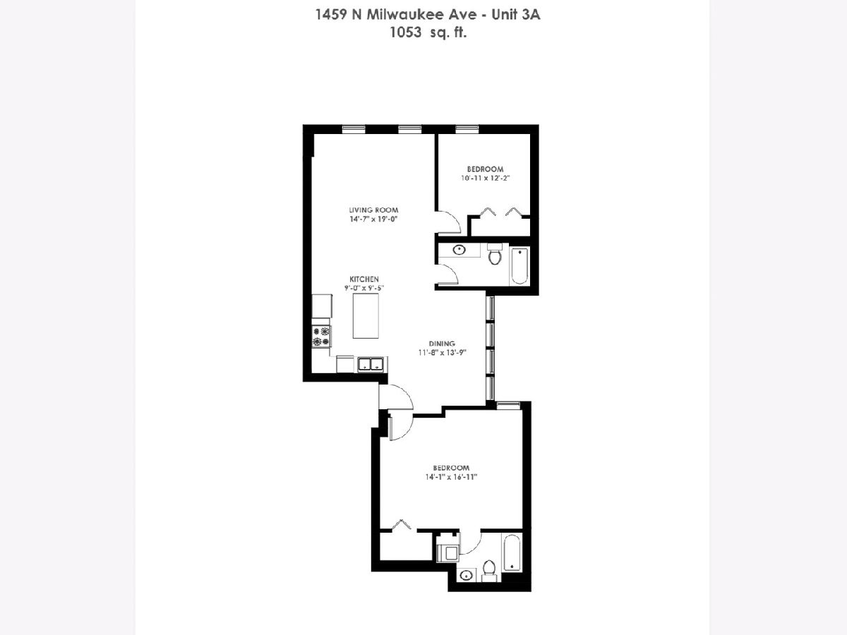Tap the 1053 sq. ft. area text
(x=428, y=32)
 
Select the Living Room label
(x=373, y=210)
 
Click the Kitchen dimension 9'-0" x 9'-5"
(x=364, y=288)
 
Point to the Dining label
(x=443, y=343)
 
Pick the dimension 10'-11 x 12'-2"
(x=486, y=178)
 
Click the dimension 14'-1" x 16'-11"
(x=451, y=477)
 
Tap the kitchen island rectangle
(x=366, y=316)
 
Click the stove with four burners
(x=321, y=337)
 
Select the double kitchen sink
(x=371, y=364)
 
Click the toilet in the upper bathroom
(x=494, y=255)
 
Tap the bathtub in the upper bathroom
(x=519, y=266)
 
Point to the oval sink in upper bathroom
(x=459, y=250)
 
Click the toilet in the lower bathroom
(x=489, y=570)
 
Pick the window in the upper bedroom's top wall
(x=467, y=129)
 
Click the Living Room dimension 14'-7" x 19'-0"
(x=373, y=219)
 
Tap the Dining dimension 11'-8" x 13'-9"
(x=443, y=352)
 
